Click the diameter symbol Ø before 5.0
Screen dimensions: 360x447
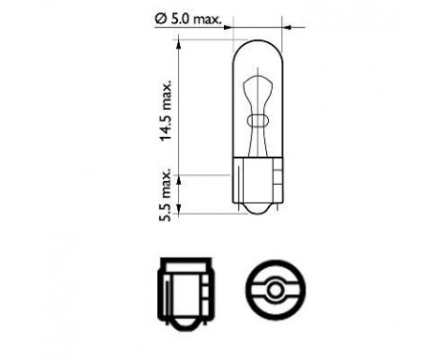(x=158, y=18)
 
